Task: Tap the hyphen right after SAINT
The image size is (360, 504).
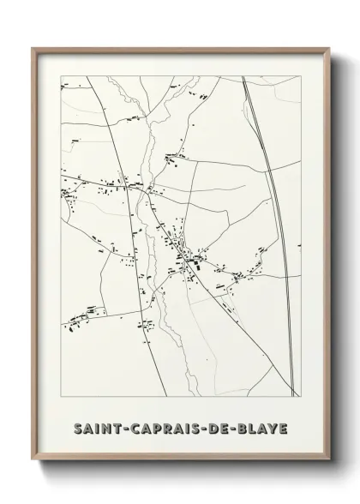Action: [x=116, y=427]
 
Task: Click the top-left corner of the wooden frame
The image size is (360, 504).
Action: [x=33, y=49]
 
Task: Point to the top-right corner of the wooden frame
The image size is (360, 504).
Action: [x=328, y=49]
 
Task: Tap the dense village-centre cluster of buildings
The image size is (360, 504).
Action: [x=184, y=257]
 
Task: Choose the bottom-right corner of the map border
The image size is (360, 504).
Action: [x=301, y=397]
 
